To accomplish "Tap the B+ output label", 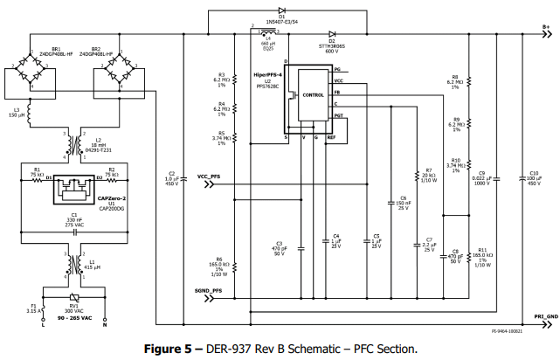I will (x=545, y=27).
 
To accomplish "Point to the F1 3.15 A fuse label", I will (x=33, y=308).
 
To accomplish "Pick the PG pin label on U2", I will (x=337, y=68).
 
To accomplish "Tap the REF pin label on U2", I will (x=331, y=137).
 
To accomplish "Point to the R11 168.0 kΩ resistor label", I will (x=481, y=257).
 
